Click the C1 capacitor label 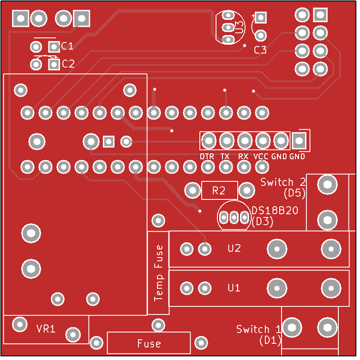pos(67,46)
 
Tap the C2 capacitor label pos(68,64)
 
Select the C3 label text pos(260,50)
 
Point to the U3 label pos(239,27)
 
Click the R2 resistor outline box pos(219,190)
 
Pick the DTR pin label pos(207,156)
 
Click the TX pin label pos(225,156)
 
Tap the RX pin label pos(243,156)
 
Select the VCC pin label pos(261,156)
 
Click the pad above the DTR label pos(209,140)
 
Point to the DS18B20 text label pos(275,210)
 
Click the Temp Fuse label pos(158,273)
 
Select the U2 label pos(234,248)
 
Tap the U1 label pos(234,288)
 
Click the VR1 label pos(46,329)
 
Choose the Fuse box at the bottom pos(149,343)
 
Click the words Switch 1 pos(258,329)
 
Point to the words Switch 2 pos(283,182)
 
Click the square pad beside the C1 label pos(54,47)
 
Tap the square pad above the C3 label pos(261,18)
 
